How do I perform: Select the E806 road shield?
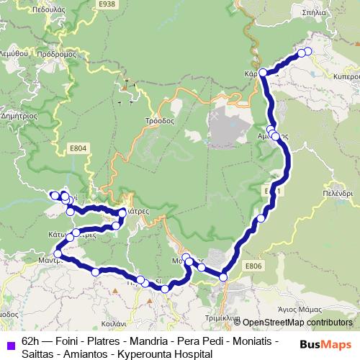tap(253, 266)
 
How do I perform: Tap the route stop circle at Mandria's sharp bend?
tap(58, 256)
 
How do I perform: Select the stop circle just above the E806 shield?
tap(223, 276)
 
